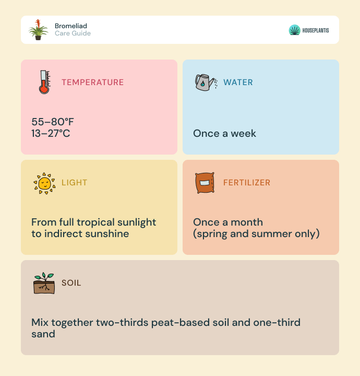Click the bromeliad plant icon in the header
pyautogui.click(x=38, y=30)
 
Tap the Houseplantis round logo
pyautogui.click(x=294, y=30)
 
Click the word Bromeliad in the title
pyautogui.click(x=71, y=26)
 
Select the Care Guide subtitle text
pyautogui.click(x=73, y=33)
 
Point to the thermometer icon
pyautogui.click(x=45, y=82)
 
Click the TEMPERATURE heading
pyautogui.click(x=93, y=83)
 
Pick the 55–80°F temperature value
pyautogui.click(x=53, y=122)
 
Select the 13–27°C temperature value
pyautogui.click(x=51, y=133)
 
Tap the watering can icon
pyautogui.click(x=206, y=83)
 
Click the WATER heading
pyautogui.click(x=238, y=83)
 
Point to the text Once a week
pyautogui.click(x=225, y=133)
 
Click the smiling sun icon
pyautogui.click(x=44, y=183)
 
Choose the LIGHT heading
pyautogui.click(x=74, y=182)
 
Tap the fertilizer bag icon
pyautogui.click(x=205, y=183)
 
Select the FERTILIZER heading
pyautogui.click(x=247, y=182)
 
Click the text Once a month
pyautogui.click(x=228, y=222)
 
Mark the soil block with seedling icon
pyautogui.click(x=44, y=283)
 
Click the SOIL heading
pyautogui.click(x=71, y=283)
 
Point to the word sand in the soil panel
pyautogui.click(x=43, y=334)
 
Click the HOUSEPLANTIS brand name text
pyautogui.click(x=316, y=30)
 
